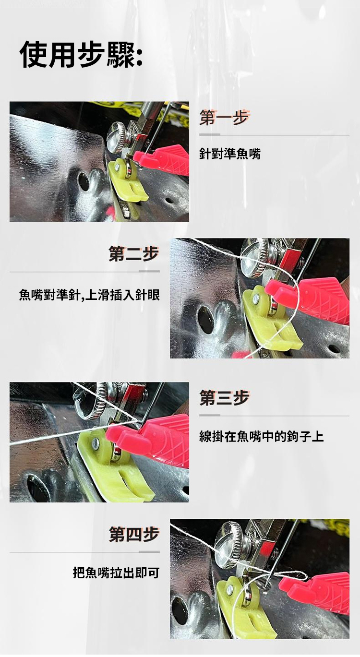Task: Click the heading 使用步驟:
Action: (81, 54)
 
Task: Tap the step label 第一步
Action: (224, 118)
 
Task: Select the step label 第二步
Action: (134, 254)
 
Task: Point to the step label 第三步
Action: (224, 398)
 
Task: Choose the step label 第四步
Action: (134, 535)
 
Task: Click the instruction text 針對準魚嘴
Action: (230, 154)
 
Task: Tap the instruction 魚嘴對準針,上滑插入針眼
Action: (89, 295)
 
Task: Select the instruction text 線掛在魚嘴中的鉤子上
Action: (262, 436)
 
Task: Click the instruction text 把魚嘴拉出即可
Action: (116, 573)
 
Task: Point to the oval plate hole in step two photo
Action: (205, 320)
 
